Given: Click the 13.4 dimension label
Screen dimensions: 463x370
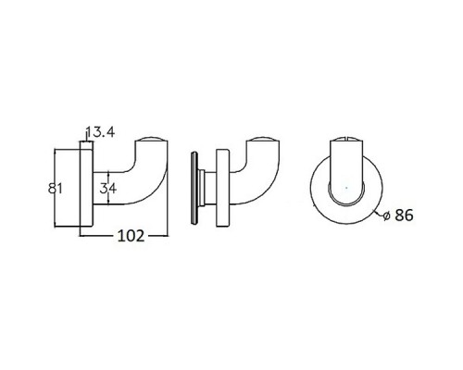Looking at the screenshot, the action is coord(100,132).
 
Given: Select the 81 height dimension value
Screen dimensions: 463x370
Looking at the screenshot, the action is coord(56,188).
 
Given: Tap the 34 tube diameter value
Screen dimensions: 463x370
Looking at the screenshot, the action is coord(108,188).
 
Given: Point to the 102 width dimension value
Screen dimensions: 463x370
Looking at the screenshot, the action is coord(131,236).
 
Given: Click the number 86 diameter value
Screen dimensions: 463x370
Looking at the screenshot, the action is coord(404,215).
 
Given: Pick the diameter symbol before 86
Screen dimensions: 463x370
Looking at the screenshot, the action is coord(386,216).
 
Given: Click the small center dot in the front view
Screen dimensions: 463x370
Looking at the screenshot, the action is coord(346,188).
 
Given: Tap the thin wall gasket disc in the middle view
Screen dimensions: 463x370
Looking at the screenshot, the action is coord(194,188).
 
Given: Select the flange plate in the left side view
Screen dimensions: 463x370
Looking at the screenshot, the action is coord(86,184).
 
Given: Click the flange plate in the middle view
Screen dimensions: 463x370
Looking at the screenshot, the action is coord(222,189).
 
